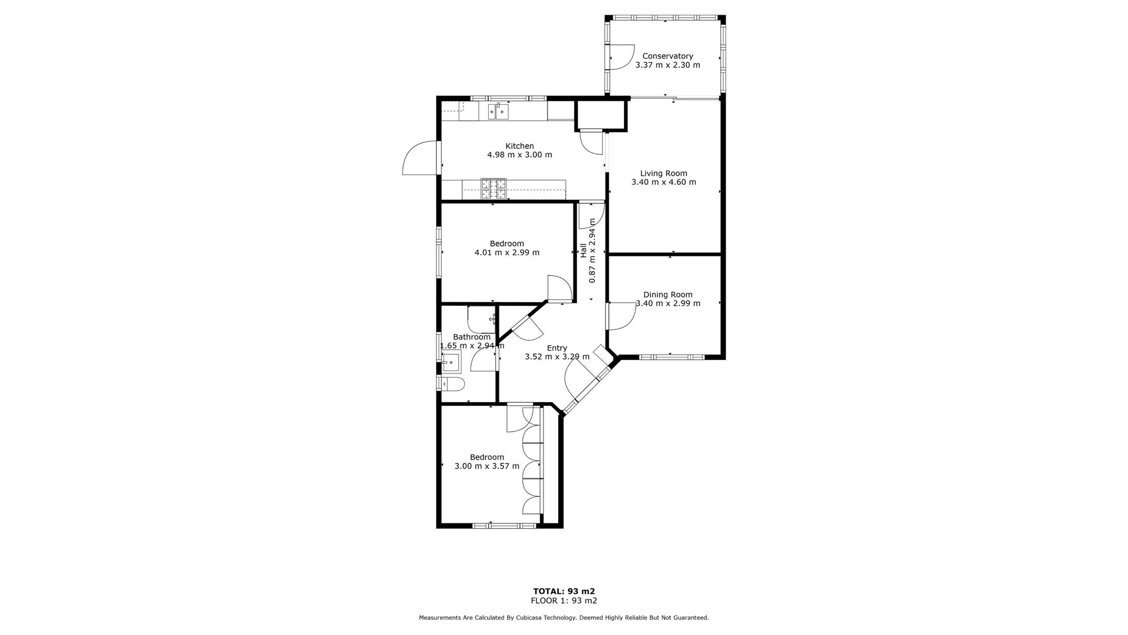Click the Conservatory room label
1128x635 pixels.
click(x=667, y=56)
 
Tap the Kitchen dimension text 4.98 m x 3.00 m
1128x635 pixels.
click(x=519, y=155)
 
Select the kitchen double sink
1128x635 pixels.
click(x=498, y=111)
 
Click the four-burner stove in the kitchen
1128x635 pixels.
click(x=493, y=189)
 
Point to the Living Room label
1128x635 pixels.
click(x=663, y=173)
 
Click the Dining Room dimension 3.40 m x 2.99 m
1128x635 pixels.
click(x=668, y=304)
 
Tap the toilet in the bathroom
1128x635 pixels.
click(x=453, y=385)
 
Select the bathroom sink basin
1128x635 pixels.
click(x=451, y=363)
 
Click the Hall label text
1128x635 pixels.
click(x=583, y=250)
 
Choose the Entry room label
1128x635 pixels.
click(x=557, y=348)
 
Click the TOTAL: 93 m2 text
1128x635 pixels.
click(x=564, y=591)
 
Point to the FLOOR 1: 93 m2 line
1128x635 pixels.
click(x=564, y=601)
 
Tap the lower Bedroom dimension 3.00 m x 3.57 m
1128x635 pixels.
click(x=487, y=466)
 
